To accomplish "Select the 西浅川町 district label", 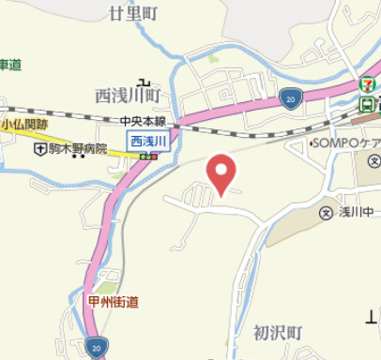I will tap(130, 96).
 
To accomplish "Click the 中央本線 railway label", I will tap(142, 122).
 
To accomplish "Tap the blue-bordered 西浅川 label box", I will tap(147, 140).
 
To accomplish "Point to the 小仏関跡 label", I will tap(24, 122).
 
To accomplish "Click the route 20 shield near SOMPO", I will tap(292, 97).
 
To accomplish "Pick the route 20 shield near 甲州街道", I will tap(96, 348).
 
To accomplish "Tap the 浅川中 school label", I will tap(359, 212).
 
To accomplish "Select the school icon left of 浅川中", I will tap(326, 212).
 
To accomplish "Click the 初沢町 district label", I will tap(278, 333).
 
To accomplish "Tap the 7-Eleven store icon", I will tap(368, 82).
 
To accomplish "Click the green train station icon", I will tap(368, 103).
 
